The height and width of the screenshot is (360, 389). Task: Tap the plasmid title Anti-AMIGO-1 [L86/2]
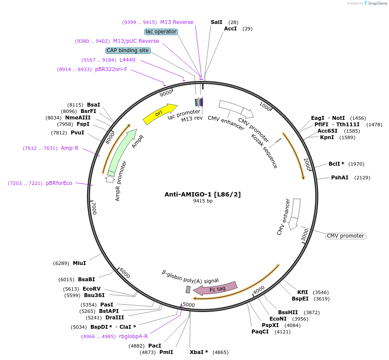pos(203,194)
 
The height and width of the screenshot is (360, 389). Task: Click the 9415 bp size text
pos(203,201)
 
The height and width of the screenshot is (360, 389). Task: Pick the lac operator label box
pos(161,32)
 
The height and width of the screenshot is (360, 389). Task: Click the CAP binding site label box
pos(128,51)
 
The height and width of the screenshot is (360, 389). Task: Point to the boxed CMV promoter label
pos(346,236)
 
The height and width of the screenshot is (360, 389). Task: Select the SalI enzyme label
pos(216,22)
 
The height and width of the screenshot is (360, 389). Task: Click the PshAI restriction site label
pos(339,178)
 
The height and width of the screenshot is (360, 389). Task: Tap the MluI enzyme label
pos(79,263)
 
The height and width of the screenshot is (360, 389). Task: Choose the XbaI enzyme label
pos(199,352)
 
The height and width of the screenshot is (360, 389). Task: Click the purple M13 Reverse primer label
pos(177,22)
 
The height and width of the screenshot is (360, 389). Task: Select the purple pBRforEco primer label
pos(59,183)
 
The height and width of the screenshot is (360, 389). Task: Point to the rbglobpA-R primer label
pos(133,336)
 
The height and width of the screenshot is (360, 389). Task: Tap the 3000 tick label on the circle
pos(305,235)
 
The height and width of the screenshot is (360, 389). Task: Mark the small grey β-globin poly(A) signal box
pos(188,290)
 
